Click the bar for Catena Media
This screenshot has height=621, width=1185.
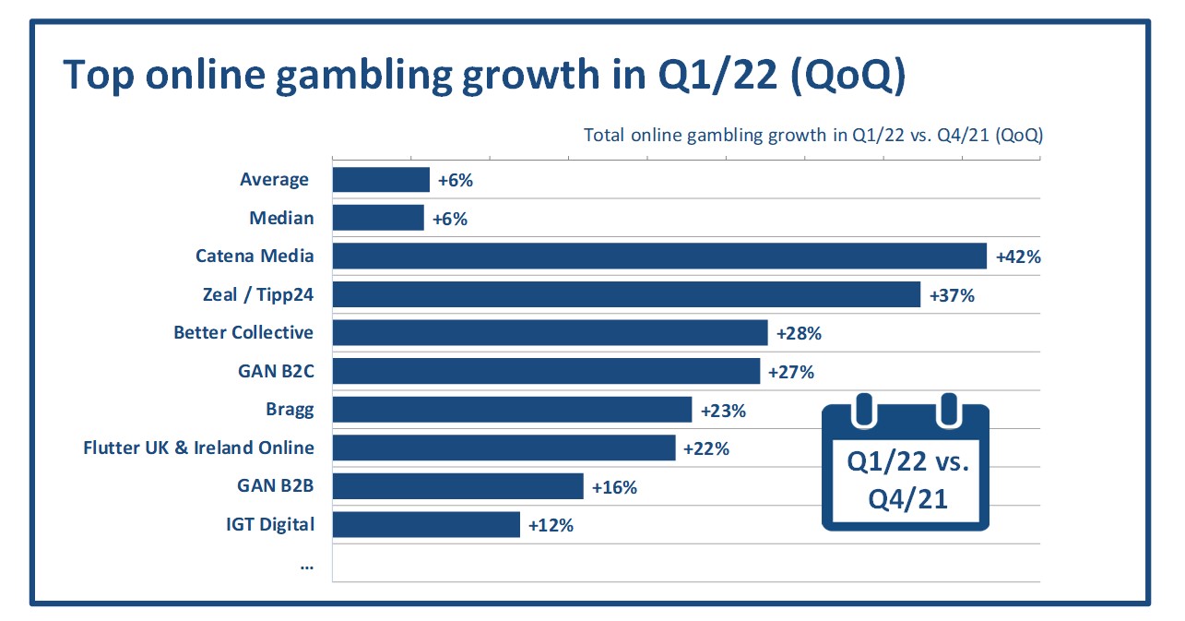pos(659,256)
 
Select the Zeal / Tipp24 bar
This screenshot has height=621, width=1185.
pos(626,294)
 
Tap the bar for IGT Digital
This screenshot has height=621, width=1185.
pos(426,525)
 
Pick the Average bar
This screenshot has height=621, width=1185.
pos(381,179)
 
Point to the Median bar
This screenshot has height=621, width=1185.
pos(378,218)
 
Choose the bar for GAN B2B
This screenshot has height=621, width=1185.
pos(457,486)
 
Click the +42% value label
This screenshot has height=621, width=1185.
pos(1018,257)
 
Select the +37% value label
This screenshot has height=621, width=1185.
pos(952,295)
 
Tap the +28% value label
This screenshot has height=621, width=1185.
pos(799,333)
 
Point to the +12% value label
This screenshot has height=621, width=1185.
pos(551,525)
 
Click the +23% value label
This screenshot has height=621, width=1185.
pos(723,410)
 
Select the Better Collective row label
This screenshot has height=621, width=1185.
pos(243,332)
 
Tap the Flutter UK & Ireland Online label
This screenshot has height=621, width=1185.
pos(198,448)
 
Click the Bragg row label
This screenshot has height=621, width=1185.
pos(289,410)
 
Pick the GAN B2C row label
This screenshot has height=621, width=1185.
pos(276,371)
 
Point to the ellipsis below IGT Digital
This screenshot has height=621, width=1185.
pos(307,564)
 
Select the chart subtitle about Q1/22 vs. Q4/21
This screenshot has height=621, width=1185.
pos(812,135)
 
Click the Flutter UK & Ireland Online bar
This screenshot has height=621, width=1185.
pos(504,448)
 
